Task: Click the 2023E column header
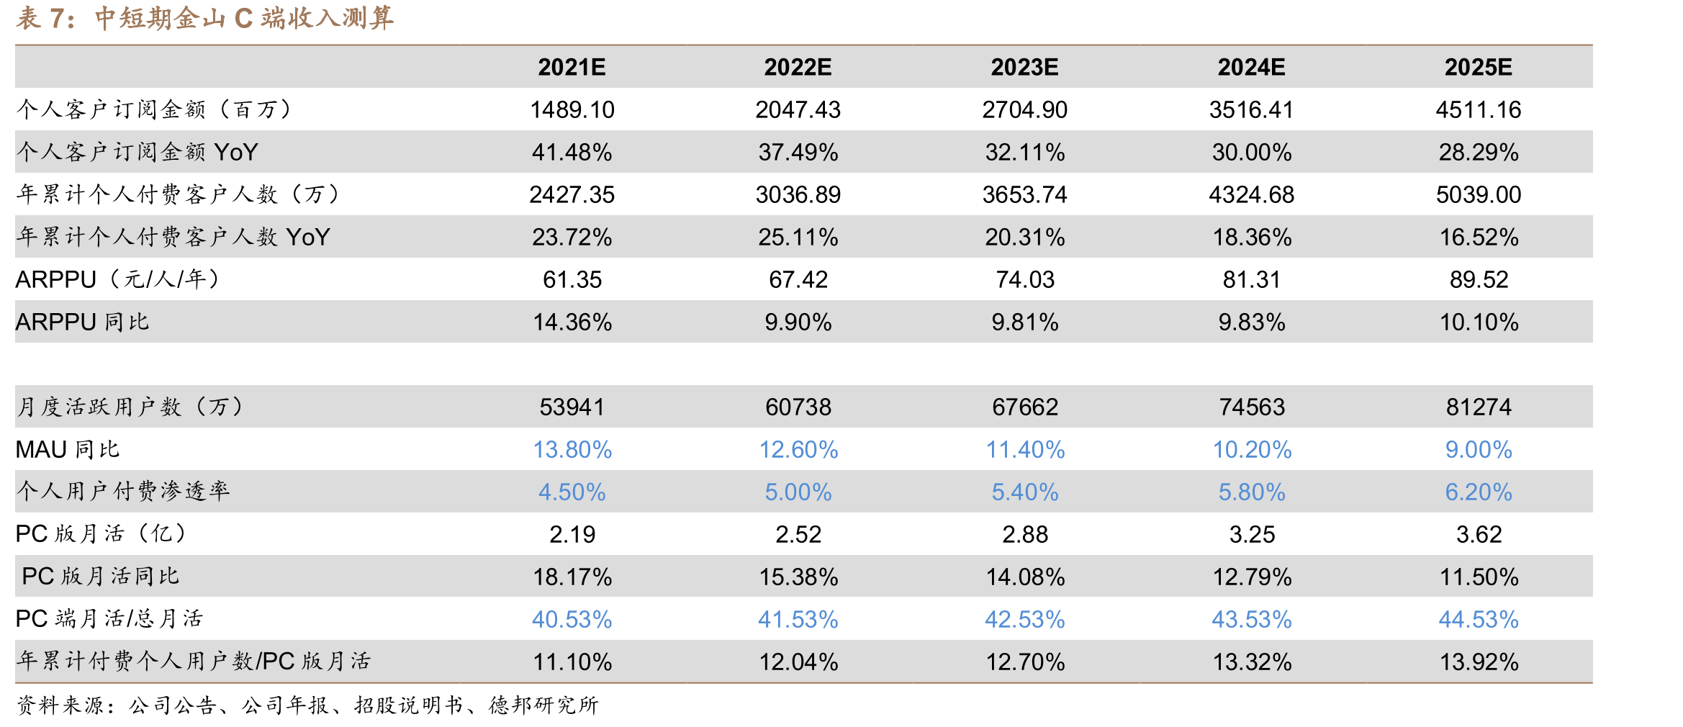(x=1024, y=67)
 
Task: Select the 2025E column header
(x=1478, y=67)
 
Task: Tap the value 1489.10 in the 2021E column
(x=572, y=109)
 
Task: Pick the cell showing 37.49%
(x=798, y=152)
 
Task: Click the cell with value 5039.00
(x=1479, y=194)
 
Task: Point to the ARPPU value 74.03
(x=1025, y=279)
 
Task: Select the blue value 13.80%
(x=572, y=449)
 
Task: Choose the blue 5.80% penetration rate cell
(x=1252, y=492)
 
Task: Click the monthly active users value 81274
(x=1479, y=407)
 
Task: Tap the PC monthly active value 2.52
(x=798, y=534)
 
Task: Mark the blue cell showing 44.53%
(x=1479, y=619)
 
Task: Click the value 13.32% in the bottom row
(x=1252, y=661)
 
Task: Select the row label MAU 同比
(x=68, y=449)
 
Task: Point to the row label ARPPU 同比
(x=82, y=322)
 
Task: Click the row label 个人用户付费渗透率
(x=123, y=492)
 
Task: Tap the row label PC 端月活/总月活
(x=109, y=619)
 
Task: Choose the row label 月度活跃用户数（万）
(x=131, y=407)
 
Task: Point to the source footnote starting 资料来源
(x=307, y=705)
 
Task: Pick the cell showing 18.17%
(x=572, y=577)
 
